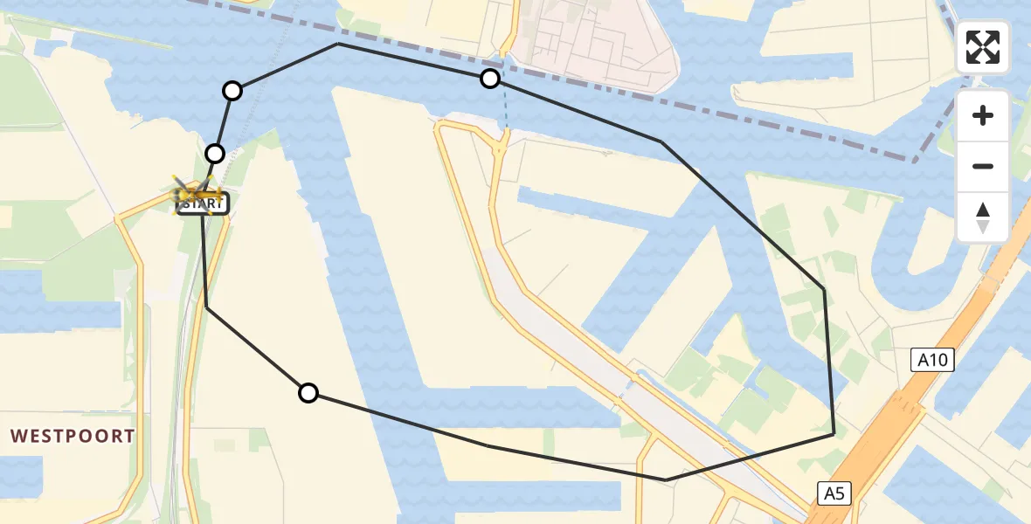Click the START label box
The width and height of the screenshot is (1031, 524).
[x=203, y=205]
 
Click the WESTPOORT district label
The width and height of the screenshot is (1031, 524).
[x=73, y=436]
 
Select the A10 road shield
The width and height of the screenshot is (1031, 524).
[x=932, y=359]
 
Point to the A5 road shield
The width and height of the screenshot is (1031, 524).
[x=834, y=493]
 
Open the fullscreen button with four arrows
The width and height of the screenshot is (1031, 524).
[x=983, y=47]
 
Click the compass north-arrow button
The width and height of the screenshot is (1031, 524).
[x=983, y=217]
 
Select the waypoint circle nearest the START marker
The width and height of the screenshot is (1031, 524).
[x=214, y=154]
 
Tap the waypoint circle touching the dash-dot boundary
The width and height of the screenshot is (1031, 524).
[x=490, y=79]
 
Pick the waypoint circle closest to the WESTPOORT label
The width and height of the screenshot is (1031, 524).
[x=308, y=393]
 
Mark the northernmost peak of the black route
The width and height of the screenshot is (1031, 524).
[x=338, y=44]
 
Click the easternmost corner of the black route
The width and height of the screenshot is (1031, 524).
[x=834, y=432]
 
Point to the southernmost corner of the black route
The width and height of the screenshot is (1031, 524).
[x=666, y=479]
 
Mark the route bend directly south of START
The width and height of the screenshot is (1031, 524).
[x=206, y=307]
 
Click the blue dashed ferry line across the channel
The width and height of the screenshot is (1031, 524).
[x=506, y=109]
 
